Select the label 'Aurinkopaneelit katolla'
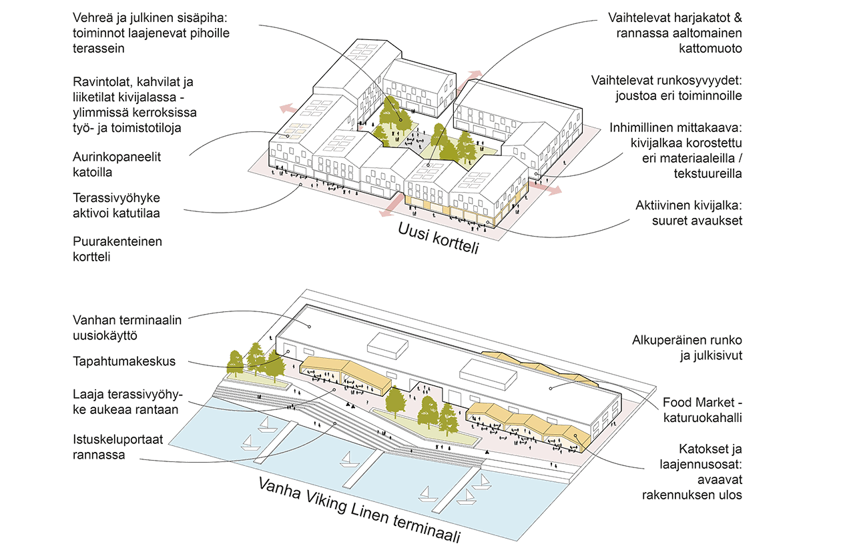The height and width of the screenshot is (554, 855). (x=117, y=165)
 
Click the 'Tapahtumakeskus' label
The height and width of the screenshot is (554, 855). (x=124, y=361)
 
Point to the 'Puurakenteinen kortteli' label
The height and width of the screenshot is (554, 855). (x=117, y=249)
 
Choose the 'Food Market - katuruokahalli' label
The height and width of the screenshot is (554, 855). (x=702, y=411)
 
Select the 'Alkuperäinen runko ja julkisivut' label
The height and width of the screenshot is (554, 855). (x=687, y=347)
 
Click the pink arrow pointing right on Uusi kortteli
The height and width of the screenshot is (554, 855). (x=553, y=191)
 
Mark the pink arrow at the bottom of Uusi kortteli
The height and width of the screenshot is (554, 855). (x=385, y=213)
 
